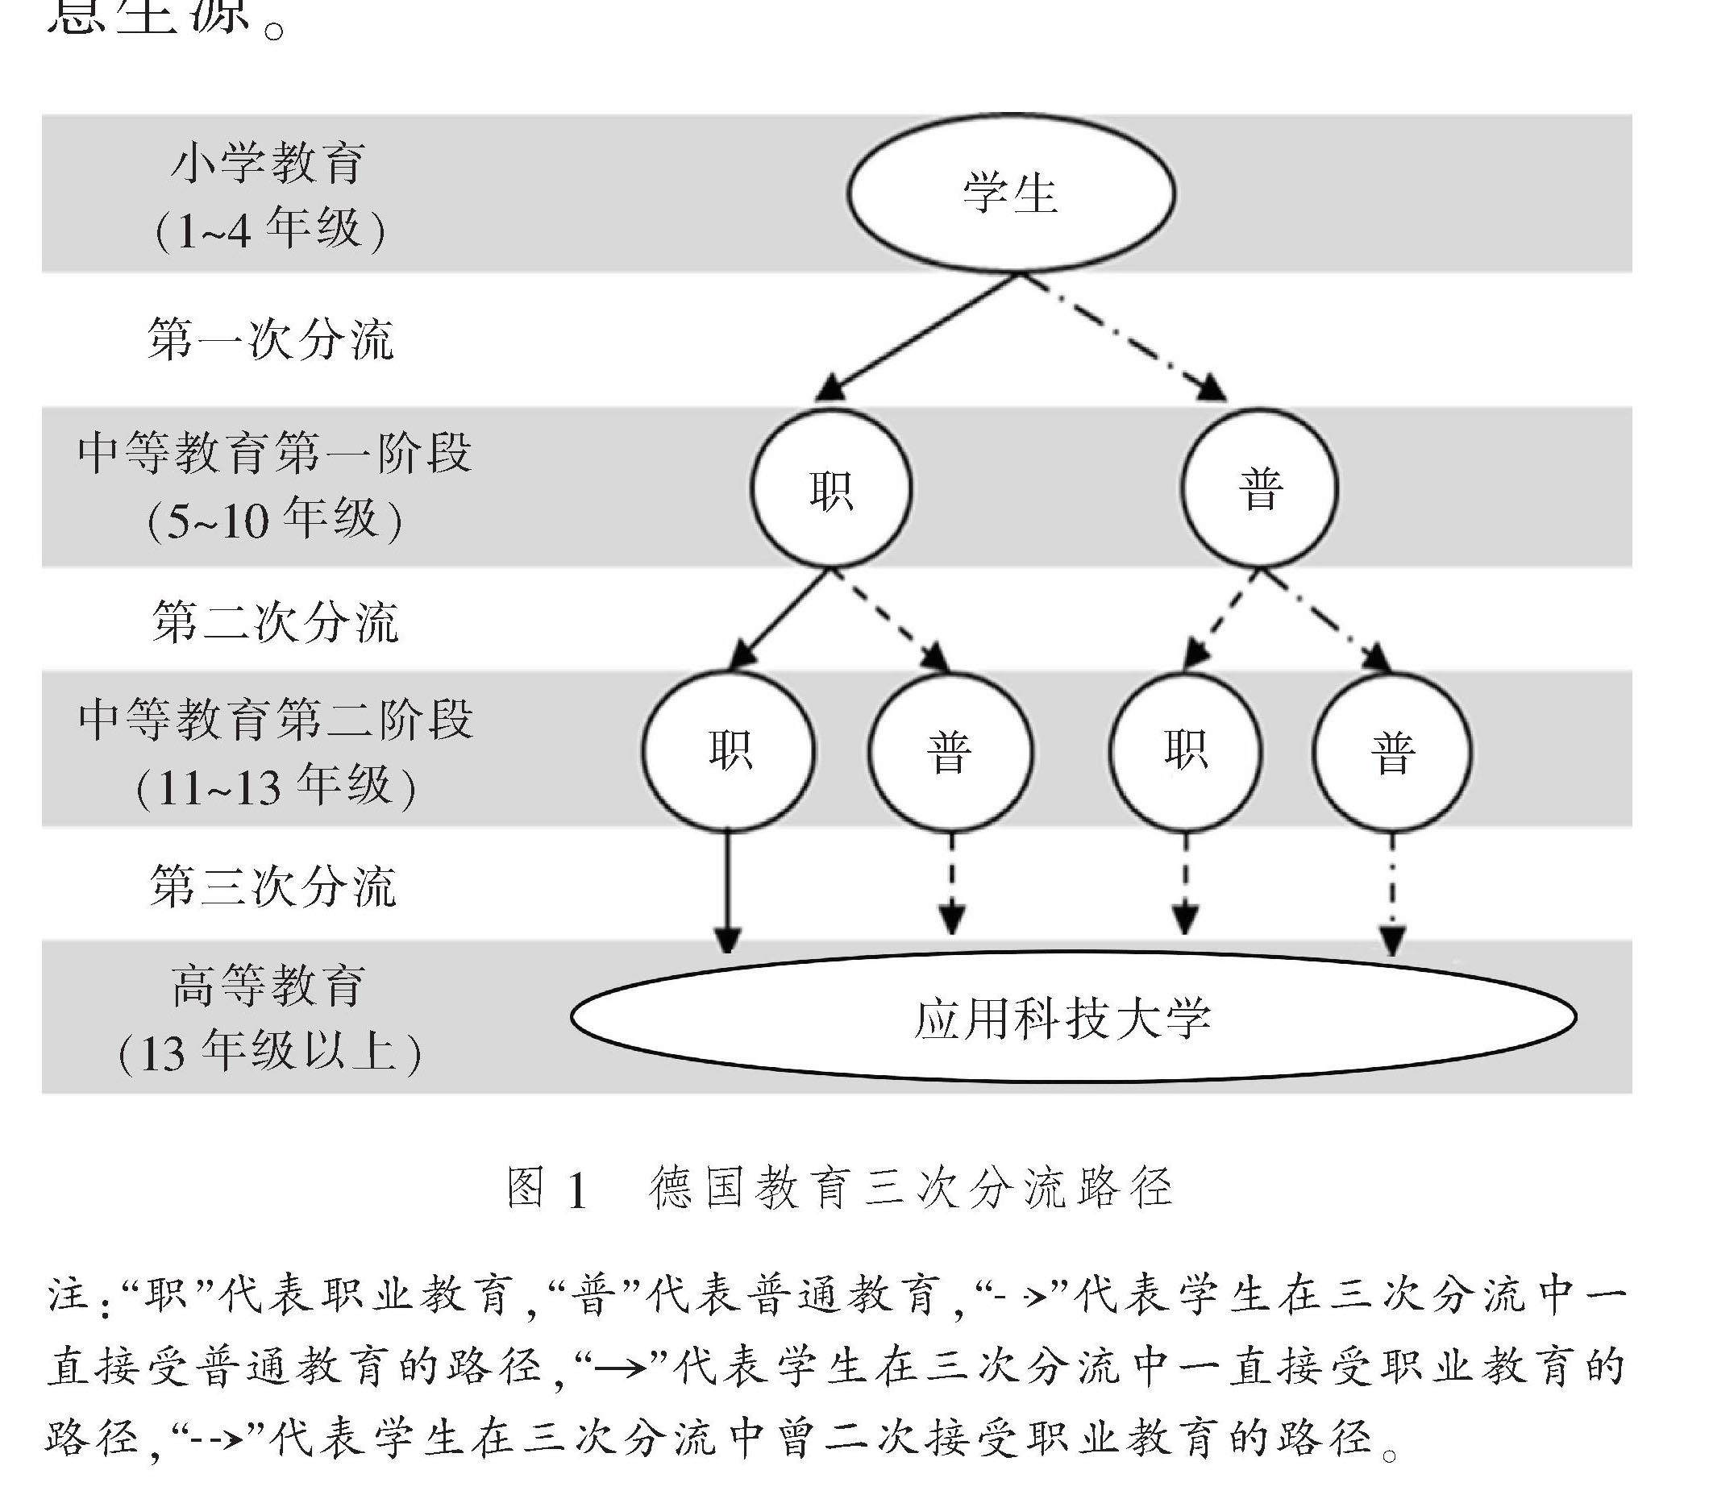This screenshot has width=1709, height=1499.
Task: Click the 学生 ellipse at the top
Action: coord(1010,193)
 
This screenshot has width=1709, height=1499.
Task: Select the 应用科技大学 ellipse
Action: coord(1074,1017)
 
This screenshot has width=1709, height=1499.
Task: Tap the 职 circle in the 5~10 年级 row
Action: coord(830,489)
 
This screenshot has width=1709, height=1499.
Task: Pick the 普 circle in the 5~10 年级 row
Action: coord(1259,489)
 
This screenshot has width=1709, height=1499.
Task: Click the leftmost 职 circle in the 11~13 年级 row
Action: coord(729,750)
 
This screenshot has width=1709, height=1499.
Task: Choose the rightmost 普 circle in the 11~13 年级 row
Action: coord(1392,752)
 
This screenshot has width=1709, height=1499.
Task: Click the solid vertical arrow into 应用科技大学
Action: coord(727,891)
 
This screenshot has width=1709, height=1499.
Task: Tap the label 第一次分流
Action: coord(270,339)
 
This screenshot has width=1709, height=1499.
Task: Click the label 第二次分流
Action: coord(274,623)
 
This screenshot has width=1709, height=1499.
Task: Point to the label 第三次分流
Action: coord(272,887)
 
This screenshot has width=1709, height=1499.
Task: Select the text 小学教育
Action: coord(268,162)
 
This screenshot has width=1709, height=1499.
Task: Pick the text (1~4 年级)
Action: coord(270,229)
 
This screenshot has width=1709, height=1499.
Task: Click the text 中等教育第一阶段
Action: coord(274,453)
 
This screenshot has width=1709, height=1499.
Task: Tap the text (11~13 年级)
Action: coord(275,787)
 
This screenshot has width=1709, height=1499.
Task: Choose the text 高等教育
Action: coord(268,986)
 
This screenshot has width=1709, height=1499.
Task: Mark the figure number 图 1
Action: coord(547,1188)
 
